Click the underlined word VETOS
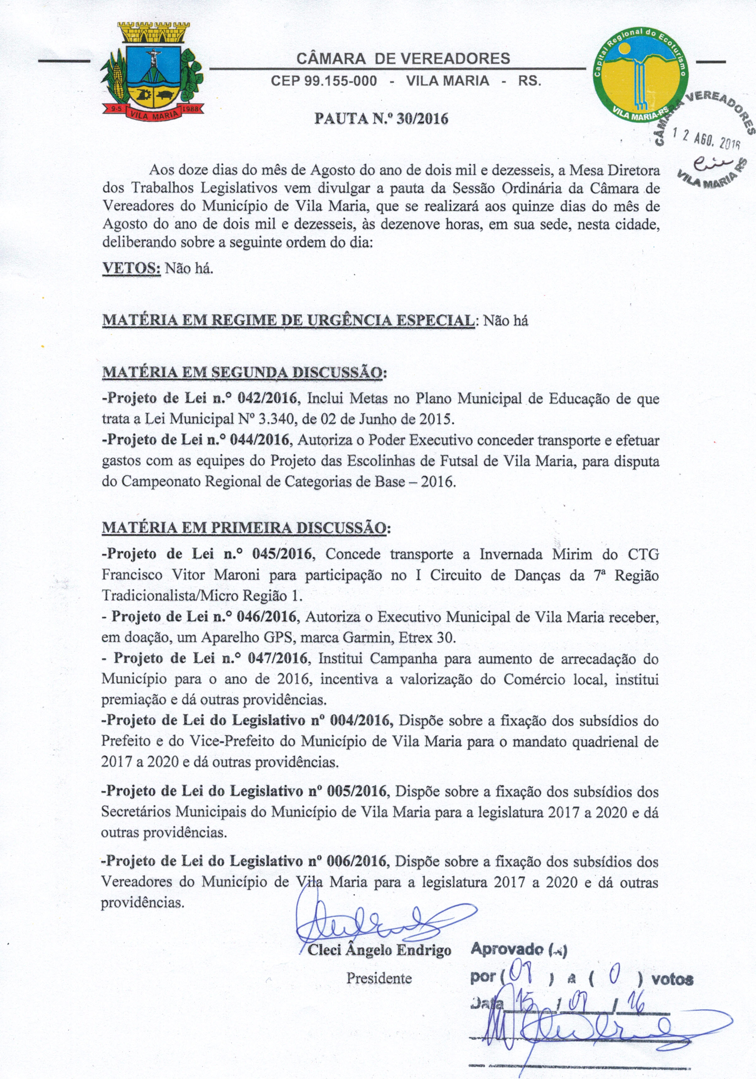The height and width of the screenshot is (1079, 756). (131, 268)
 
